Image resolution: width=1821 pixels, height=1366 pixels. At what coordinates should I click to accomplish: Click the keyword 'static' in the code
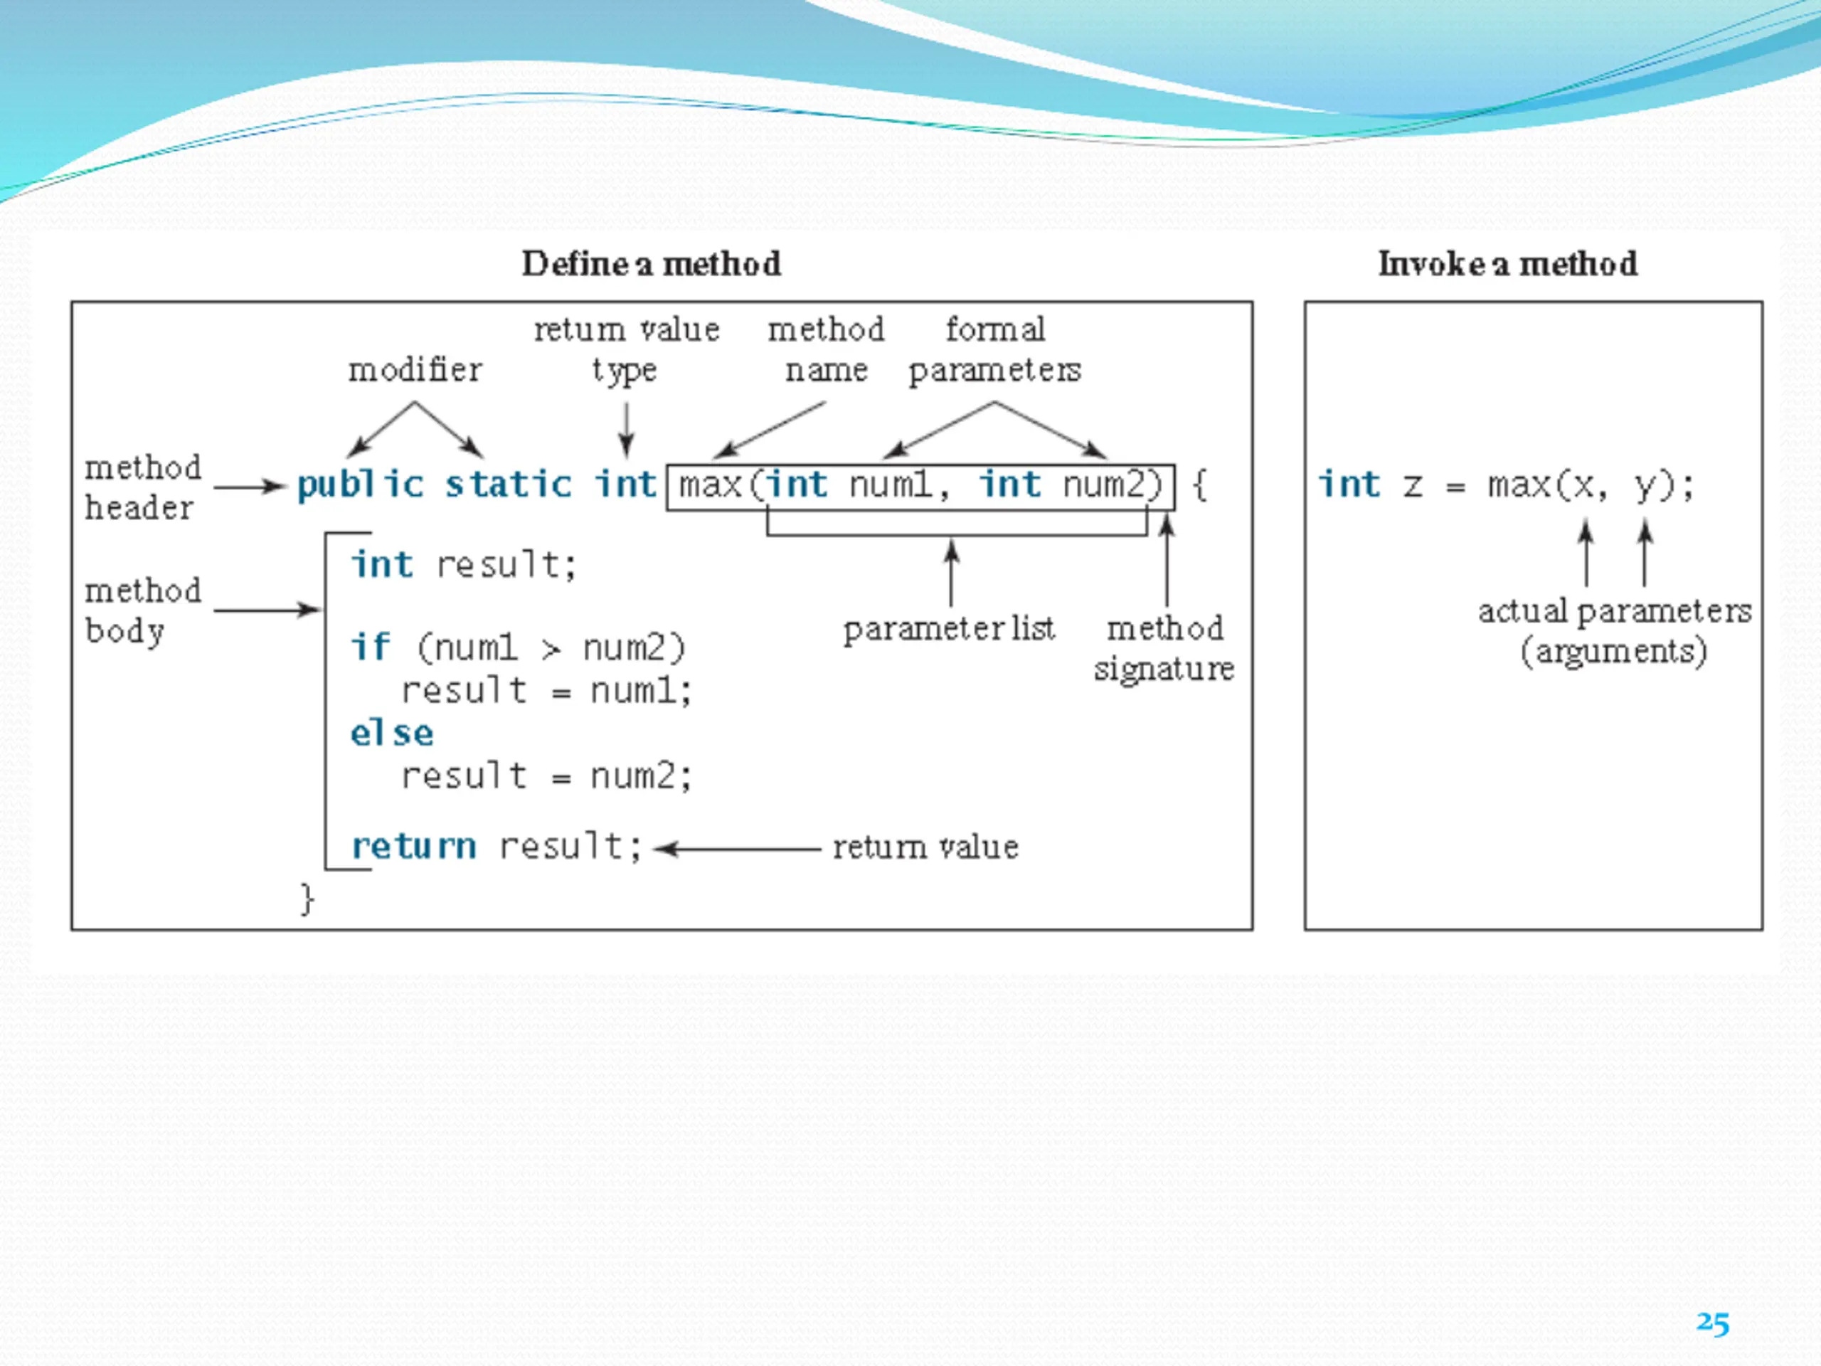click(508, 485)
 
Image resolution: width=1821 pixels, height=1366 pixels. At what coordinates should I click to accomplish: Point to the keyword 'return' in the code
click(413, 847)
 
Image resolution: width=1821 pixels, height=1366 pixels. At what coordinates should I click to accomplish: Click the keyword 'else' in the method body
click(392, 733)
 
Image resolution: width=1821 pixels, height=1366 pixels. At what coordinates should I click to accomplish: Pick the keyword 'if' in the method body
click(370, 647)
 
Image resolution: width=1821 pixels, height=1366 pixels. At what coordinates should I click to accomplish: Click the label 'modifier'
click(415, 370)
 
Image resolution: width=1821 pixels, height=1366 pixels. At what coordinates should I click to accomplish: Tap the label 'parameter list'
click(948, 629)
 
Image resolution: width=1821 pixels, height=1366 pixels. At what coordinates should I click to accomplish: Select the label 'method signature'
click(1164, 648)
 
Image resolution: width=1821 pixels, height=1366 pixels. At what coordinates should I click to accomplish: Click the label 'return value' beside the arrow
click(925, 847)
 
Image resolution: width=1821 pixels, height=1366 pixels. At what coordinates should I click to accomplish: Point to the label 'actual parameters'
click(1615, 612)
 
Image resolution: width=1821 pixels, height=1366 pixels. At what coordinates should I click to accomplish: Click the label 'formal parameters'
click(994, 350)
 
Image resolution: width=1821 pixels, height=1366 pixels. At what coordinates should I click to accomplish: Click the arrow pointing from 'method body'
click(267, 610)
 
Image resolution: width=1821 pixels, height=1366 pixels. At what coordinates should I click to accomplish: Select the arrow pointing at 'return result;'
click(738, 848)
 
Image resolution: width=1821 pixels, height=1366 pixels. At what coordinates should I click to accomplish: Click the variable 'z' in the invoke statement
click(1413, 486)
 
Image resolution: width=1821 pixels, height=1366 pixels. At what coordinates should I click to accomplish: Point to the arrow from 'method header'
click(250, 487)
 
